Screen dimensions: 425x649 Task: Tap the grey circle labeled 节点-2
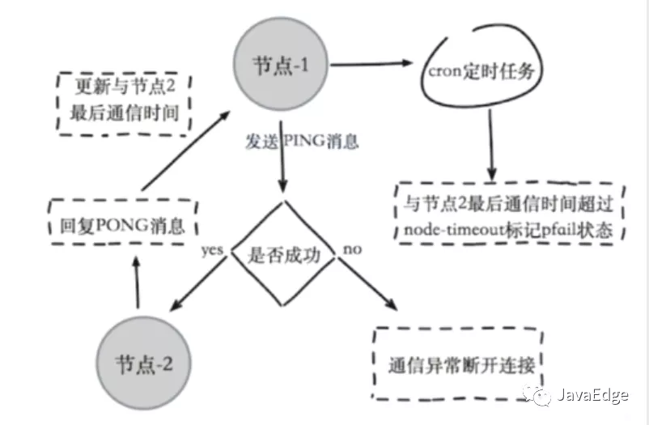pyautogui.click(x=142, y=361)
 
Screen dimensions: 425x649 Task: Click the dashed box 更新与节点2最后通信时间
pyautogui.click(x=123, y=100)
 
